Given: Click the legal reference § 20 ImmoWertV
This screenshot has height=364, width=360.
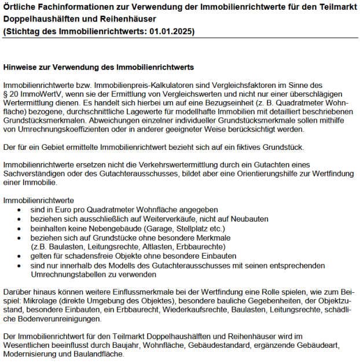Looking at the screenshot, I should point(31,94).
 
